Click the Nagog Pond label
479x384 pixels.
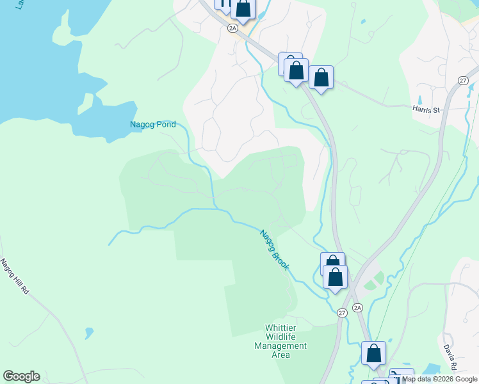[x=152, y=125]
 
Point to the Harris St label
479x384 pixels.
[x=426, y=110]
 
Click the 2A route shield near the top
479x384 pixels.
[x=232, y=28]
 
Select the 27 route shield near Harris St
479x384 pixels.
[x=463, y=79]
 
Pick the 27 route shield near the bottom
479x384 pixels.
[x=342, y=312]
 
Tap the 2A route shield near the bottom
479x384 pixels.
[x=357, y=308]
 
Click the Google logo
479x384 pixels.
[x=21, y=376]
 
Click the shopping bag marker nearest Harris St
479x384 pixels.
[x=321, y=78]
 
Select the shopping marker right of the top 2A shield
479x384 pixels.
[x=243, y=9]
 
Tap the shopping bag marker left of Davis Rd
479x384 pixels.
[x=373, y=353]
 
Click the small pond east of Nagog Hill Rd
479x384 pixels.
[x=89, y=333]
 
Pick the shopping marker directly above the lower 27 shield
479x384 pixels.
[x=335, y=277]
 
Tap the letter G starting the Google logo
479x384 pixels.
[x=8, y=376]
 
